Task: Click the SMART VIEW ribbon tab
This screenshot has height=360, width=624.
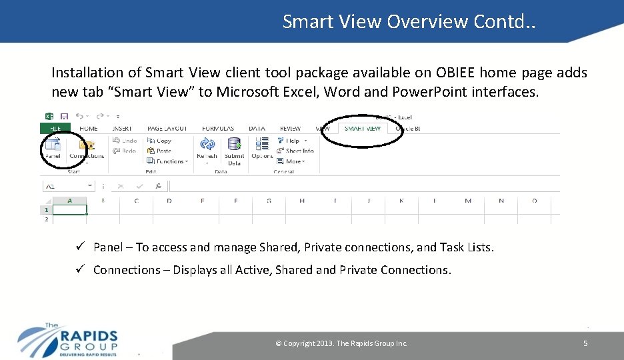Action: tap(363, 128)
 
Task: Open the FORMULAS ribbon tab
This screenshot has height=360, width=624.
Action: tap(217, 128)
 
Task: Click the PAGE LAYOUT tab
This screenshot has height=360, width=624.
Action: tap(167, 128)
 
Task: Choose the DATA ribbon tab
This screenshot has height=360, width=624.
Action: tap(257, 128)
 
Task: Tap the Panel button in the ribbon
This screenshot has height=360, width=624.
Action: tap(53, 148)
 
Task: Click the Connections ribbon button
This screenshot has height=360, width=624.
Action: tap(87, 149)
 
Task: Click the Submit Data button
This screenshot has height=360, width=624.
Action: tap(234, 150)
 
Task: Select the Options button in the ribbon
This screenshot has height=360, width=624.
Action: tap(262, 148)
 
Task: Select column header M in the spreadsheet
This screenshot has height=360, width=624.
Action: tap(468, 201)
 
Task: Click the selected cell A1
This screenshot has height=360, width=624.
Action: tap(70, 210)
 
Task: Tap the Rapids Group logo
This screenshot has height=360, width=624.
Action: tap(67, 339)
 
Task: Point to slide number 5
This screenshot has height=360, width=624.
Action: tap(585, 343)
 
